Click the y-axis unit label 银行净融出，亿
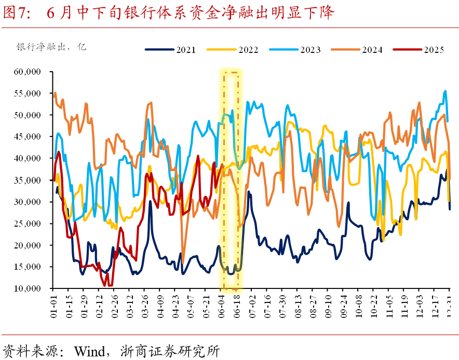pos(51,47)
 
